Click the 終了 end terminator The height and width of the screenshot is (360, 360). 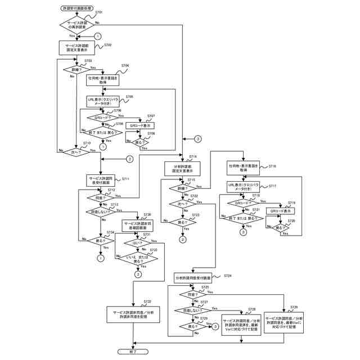133,351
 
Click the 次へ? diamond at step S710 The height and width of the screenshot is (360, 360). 73,151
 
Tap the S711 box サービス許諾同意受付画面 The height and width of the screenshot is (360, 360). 102,181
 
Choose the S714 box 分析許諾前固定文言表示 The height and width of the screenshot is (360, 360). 183,169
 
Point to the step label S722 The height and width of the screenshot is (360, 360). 193,196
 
